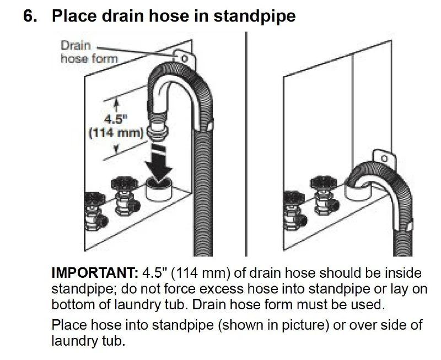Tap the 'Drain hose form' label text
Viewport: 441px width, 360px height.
click(89, 52)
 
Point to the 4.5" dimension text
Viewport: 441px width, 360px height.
click(116, 120)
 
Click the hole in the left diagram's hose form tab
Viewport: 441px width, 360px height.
click(185, 58)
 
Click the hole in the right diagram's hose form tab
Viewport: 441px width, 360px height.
click(384, 159)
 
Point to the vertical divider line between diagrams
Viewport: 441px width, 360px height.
click(246, 144)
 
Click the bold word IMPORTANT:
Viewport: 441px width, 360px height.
click(95, 272)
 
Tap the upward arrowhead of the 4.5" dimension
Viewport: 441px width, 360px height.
click(116, 103)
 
